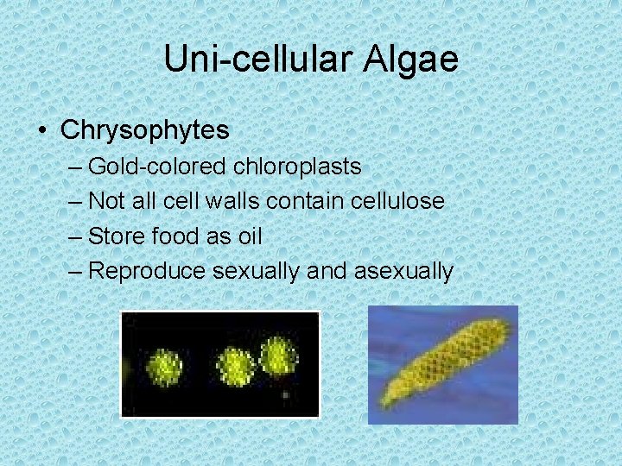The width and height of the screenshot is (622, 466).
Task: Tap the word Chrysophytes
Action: (x=145, y=130)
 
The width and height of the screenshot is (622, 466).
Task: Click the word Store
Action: (x=117, y=236)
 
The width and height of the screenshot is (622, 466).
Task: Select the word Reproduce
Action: (x=147, y=271)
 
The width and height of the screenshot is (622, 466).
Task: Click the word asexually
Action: (x=403, y=271)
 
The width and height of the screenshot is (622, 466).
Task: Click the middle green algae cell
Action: (x=234, y=367)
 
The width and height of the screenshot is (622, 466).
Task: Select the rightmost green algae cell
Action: (x=278, y=355)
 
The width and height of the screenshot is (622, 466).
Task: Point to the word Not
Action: (x=107, y=201)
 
